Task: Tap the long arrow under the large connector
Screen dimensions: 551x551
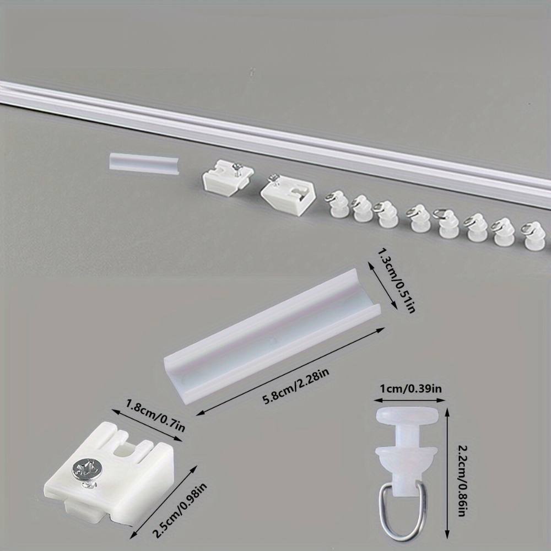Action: [290, 370]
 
